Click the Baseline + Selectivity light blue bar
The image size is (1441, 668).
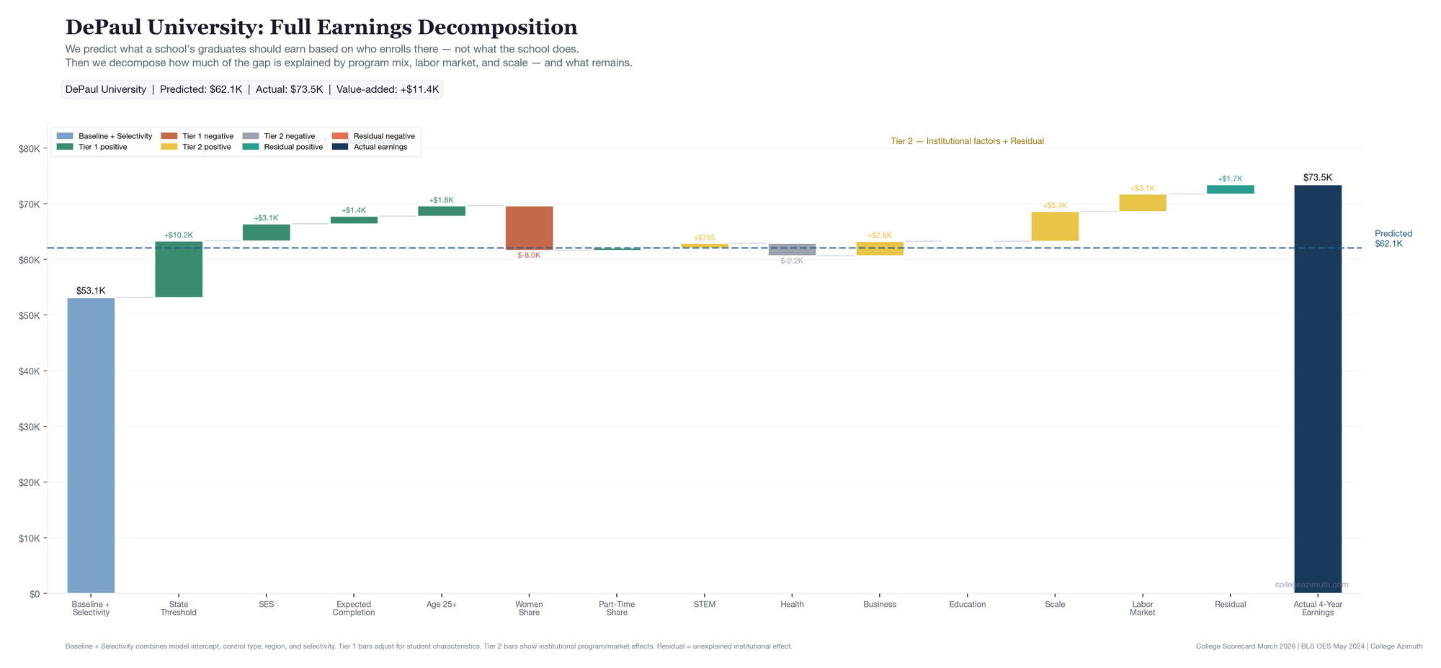click(x=91, y=446)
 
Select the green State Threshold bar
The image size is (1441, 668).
click(x=179, y=269)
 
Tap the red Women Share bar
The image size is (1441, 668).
click(x=529, y=227)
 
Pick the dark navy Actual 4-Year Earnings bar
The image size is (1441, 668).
click(x=1317, y=389)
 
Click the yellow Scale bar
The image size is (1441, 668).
click(x=1055, y=226)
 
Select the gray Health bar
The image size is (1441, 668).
click(x=792, y=249)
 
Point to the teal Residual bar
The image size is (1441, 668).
click(x=1230, y=189)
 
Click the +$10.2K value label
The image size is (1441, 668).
click(x=179, y=235)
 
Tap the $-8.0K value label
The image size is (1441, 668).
click(x=529, y=256)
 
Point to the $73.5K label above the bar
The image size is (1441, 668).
click(x=1317, y=177)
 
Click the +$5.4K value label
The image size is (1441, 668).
click(x=1055, y=206)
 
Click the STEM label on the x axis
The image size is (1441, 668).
click(x=704, y=605)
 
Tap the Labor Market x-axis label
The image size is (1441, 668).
click(x=1142, y=608)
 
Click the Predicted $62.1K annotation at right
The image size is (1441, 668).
click(x=1393, y=238)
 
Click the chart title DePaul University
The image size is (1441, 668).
click(x=321, y=27)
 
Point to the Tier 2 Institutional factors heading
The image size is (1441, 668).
click(x=967, y=141)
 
